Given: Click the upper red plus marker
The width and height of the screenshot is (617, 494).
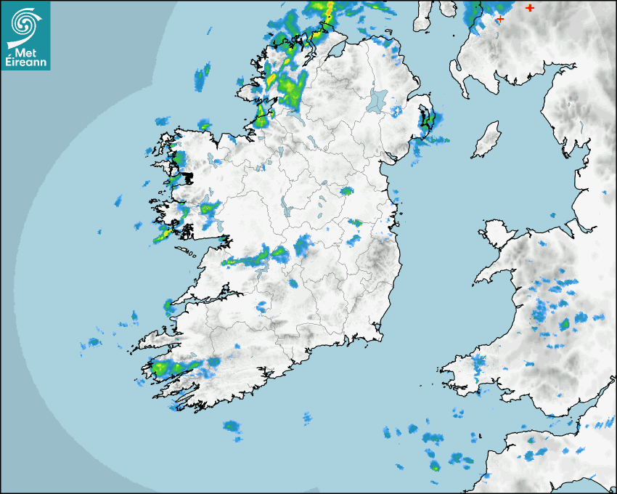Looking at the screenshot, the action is (x=530, y=7).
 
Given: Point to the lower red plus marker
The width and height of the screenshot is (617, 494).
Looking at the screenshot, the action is (x=499, y=19).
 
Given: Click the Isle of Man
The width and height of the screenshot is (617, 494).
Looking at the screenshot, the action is (x=487, y=139).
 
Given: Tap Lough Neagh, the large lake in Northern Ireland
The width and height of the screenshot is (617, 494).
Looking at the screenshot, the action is (x=377, y=100).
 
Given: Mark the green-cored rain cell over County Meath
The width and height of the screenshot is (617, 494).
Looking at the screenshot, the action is (x=347, y=191).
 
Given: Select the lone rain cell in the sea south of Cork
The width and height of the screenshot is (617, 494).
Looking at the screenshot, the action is (x=232, y=426).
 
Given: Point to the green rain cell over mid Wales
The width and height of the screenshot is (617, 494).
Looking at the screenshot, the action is (x=565, y=323).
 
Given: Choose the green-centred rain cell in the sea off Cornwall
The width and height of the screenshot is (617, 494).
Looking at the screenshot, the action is (x=435, y=466).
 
